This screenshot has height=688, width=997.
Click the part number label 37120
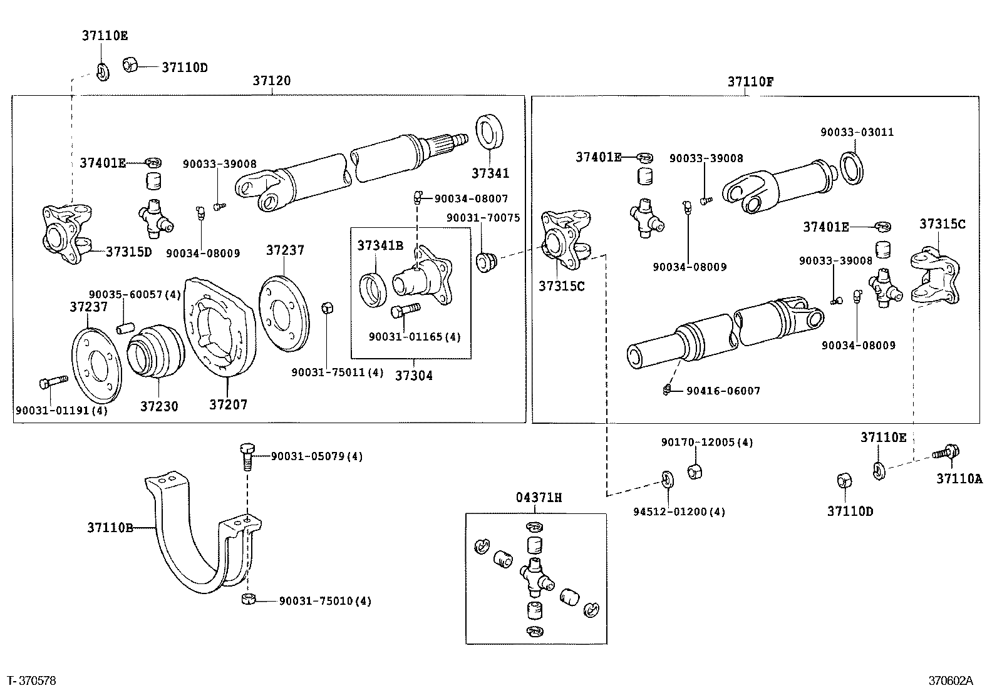point(272,81)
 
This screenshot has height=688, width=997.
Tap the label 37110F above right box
point(750,81)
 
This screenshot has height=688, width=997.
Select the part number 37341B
point(380,245)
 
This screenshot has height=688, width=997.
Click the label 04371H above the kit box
point(539,498)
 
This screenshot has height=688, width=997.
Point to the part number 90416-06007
point(723,391)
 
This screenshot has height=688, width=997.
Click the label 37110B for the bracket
point(110,528)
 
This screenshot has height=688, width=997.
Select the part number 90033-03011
point(857,132)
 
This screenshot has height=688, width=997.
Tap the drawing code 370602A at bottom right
point(951,680)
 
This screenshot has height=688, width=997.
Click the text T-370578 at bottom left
point(31,680)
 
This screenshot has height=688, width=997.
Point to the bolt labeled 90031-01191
point(53,381)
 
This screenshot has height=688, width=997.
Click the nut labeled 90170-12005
point(694,471)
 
